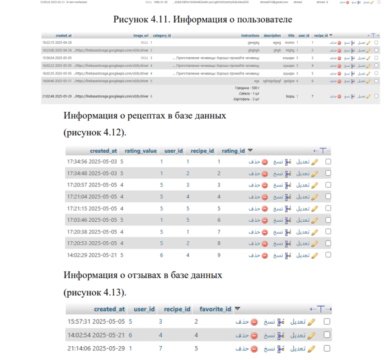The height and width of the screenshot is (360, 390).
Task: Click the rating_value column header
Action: click(140, 151)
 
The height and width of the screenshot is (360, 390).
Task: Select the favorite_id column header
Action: click(215, 309)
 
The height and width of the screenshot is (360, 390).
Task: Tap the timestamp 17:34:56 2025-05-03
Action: click(92, 162)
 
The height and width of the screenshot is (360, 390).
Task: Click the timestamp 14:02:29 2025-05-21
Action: click(92, 255)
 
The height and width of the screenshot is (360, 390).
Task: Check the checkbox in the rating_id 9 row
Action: click(328, 255)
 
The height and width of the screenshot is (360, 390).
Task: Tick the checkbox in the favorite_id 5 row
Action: click(327, 348)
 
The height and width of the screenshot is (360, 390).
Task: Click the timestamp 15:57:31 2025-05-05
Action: click(96, 322)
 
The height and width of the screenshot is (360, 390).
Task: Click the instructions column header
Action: click(250, 36)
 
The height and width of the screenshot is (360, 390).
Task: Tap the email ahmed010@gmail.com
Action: click(274, 2)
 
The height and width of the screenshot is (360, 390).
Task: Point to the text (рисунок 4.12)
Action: click(95, 133)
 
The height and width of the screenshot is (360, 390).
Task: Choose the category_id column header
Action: click(162, 36)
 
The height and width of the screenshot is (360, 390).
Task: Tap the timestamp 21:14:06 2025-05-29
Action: click(96, 348)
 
